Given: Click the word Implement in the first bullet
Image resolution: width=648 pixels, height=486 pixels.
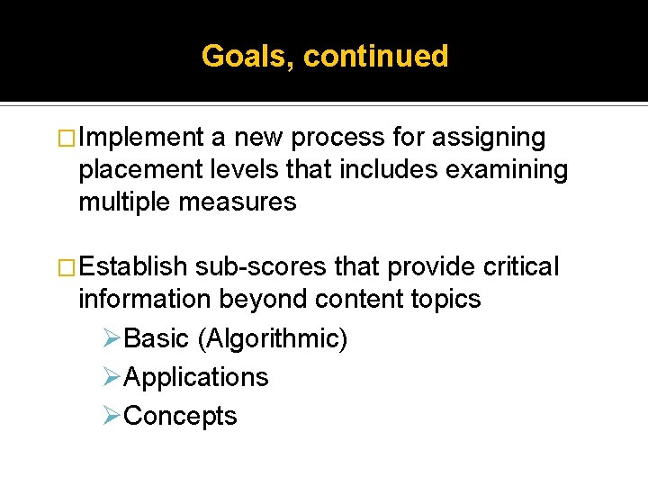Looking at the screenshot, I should click(141, 138).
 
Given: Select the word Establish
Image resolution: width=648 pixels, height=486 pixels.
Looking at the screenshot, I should click(132, 267).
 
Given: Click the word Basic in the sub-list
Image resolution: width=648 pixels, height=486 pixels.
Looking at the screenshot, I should click(157, 339).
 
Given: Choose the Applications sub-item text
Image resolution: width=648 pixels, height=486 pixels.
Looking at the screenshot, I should click(196, 377).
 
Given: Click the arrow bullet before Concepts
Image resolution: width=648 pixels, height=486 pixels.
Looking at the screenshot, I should click(112, 416).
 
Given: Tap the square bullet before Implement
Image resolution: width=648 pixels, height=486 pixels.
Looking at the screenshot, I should click(67, 139).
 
